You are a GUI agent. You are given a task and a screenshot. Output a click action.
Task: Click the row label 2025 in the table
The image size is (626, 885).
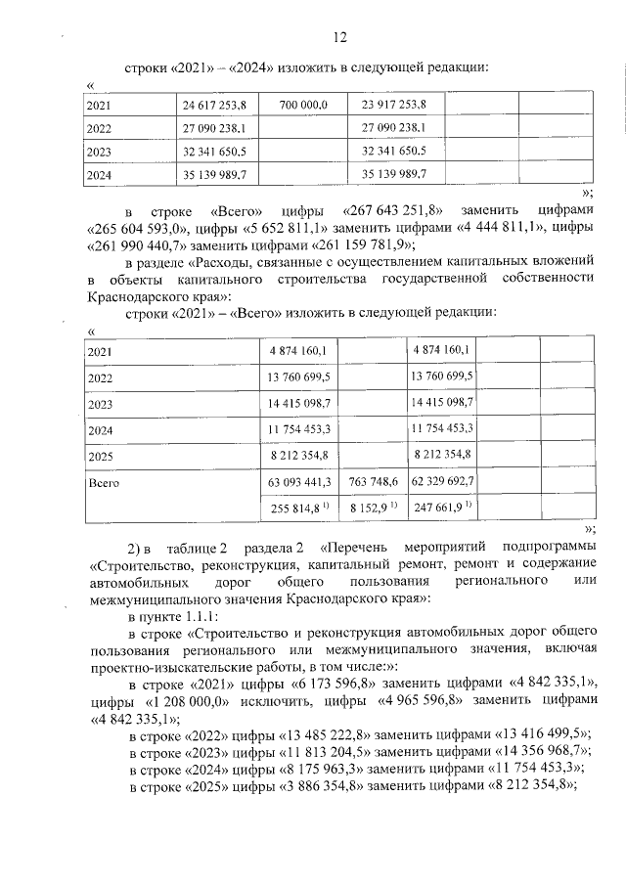point(100,456)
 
